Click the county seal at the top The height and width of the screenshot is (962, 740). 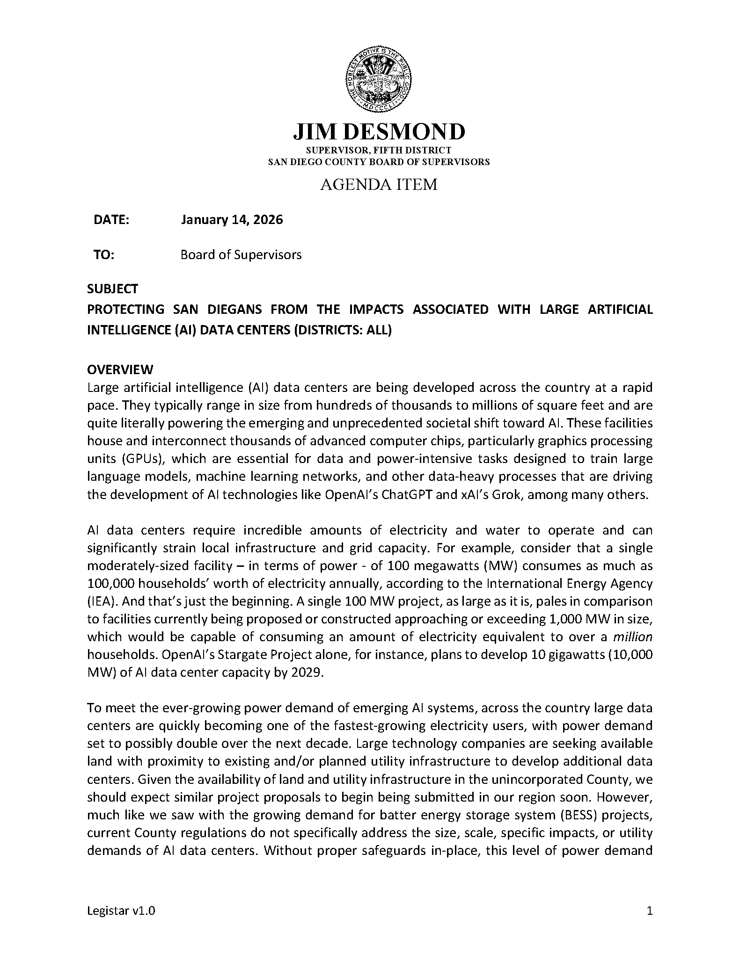click(378, 80)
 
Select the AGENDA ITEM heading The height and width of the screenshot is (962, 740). click(378, 185)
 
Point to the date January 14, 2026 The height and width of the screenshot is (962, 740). click(232, 220)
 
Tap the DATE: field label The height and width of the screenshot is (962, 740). click(111, 220)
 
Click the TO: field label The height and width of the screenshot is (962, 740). click(104, 255)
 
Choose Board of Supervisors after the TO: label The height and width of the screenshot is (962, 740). click(241, 255)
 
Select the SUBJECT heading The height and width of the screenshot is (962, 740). click(112, 289)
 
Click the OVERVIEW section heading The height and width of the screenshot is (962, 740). click(120, 370)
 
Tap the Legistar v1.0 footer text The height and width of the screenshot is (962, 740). click(121, 911)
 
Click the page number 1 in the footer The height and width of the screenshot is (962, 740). click(649, 911)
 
